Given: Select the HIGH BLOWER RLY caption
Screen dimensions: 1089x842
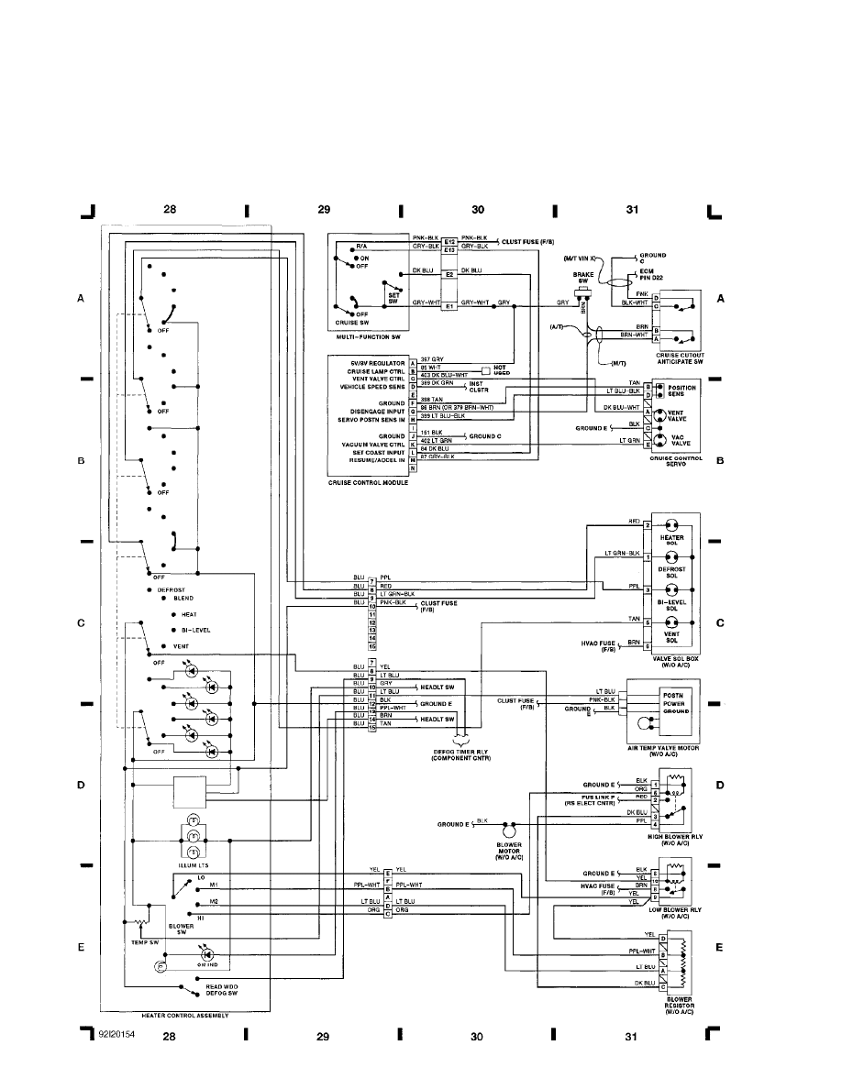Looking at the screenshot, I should (x=674, y=838).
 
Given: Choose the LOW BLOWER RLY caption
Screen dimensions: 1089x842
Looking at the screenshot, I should (x=674, y=911).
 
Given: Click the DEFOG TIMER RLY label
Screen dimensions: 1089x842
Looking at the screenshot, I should (x=466, y=753).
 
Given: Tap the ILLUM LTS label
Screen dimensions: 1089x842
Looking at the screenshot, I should (x=193, y=863).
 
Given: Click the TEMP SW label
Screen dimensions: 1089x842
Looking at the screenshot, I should (x=135, y=941).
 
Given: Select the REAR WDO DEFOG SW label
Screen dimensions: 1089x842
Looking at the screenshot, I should (x=221, y=989).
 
